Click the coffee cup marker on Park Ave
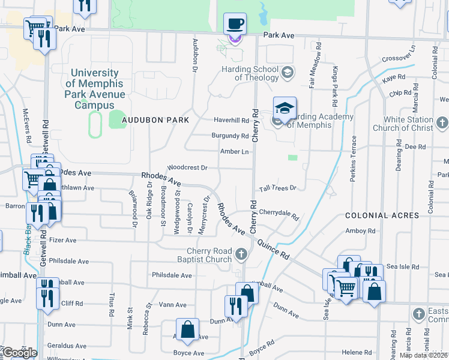tap(235, 25)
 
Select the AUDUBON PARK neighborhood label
tap(155, 120)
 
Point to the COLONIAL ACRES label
tap(381, 215)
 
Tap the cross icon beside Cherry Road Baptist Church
tap(241, 255)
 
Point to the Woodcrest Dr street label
tap(187, 168)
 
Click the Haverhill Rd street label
tap(231, 120)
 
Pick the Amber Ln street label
tap(234, 152)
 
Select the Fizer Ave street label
tap(62, 240)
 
